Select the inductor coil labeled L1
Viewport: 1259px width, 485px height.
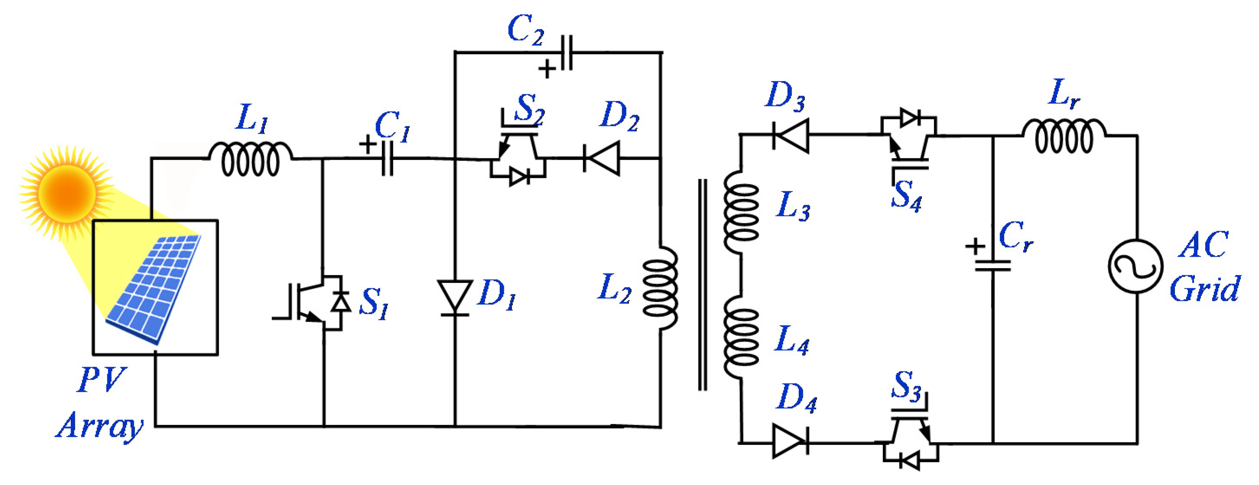tap(251, 159)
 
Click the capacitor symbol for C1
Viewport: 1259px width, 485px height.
tap(387, 158)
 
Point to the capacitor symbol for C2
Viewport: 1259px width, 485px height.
tap(567, 53)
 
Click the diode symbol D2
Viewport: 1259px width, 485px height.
tap(602, 158)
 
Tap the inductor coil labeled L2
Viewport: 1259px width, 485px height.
tap(660, 288)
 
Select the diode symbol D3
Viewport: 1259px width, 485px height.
tap(791, 135)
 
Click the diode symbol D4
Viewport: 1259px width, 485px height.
tap(790, 441)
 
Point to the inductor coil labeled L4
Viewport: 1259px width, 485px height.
tap(741, 337)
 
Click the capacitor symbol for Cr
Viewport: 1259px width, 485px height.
tap(993, 265)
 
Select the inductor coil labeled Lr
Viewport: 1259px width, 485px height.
tap(1064, 136)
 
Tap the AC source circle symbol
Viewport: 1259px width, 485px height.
tap(1136, 267)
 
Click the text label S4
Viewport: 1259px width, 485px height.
tap(907, 195)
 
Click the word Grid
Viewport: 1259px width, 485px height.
tap(1205, 289)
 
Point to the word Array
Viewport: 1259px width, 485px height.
tap(100, 426)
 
